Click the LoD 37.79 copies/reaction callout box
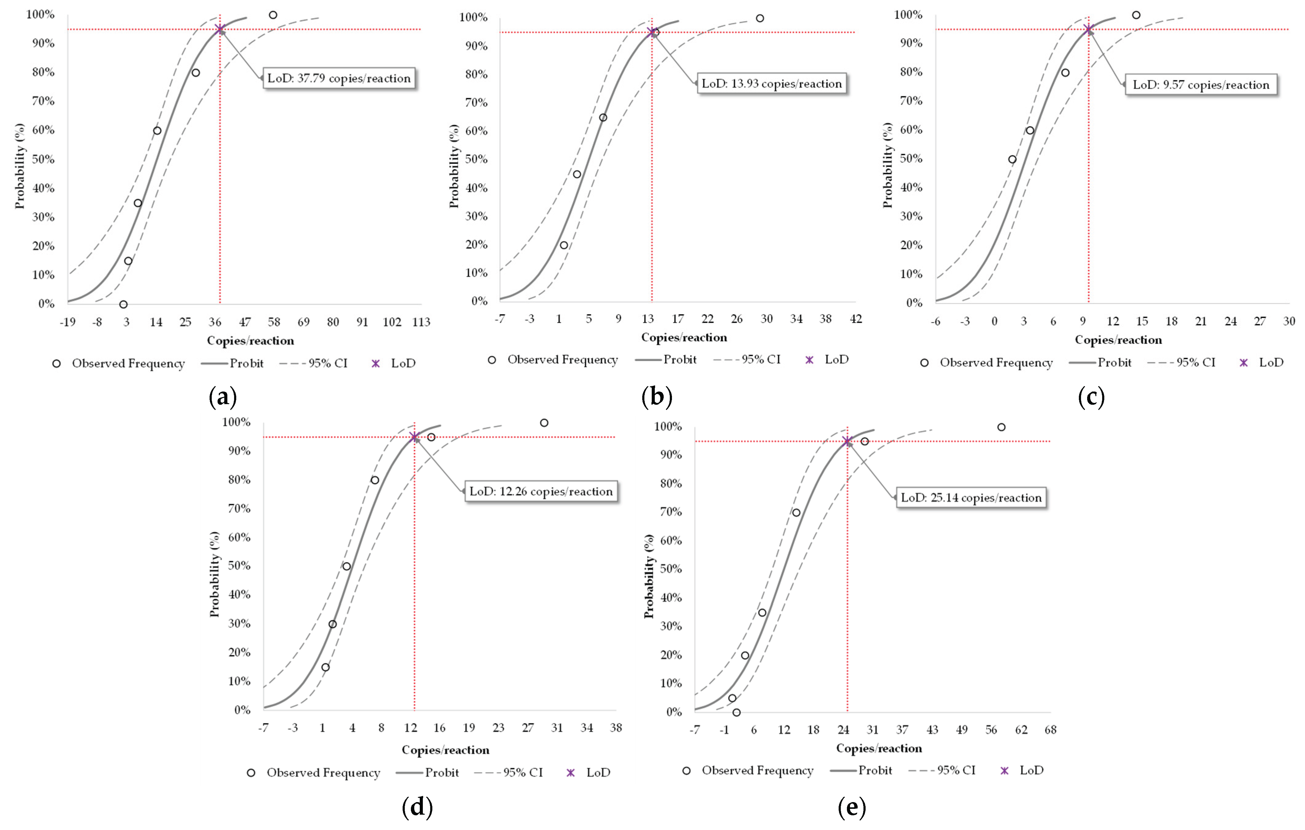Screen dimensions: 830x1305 [x=339, y=78]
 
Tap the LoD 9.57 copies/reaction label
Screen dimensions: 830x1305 [x=1201, y=85]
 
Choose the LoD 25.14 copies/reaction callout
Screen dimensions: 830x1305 [x=971, y=498]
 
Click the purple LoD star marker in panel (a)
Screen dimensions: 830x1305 [x=219, y=29]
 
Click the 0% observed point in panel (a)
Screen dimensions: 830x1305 [x=123, y=304]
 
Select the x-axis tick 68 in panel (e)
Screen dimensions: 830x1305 [x=1050, y=730]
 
